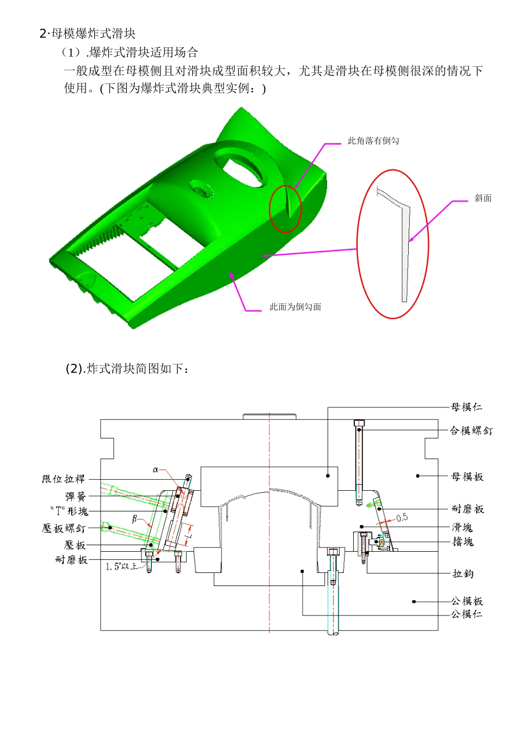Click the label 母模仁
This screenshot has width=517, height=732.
[466, 407]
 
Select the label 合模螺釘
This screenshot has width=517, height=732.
[471, 430]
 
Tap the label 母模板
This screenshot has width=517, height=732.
[467, 477]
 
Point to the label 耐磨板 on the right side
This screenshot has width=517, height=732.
[467, 509]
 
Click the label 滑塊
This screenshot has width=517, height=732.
[462, 527]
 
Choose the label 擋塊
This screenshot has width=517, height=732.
[463, 541]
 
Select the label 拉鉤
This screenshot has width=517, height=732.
[463, 574]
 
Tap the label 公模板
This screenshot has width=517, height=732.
[467, 601]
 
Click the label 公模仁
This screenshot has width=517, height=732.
[466, 614]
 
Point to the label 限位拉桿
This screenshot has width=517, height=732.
[64, 479]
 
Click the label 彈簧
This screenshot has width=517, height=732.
[76, 497]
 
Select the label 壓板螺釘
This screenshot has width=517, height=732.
[64, 528]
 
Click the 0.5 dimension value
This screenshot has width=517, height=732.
[402, 517]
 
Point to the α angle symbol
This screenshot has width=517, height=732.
[155, 469]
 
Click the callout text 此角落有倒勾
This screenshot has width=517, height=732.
[373, 141]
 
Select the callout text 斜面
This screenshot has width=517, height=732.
[483, 198]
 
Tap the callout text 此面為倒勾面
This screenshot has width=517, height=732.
[295, 307]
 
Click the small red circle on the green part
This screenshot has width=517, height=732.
[286, 209]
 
